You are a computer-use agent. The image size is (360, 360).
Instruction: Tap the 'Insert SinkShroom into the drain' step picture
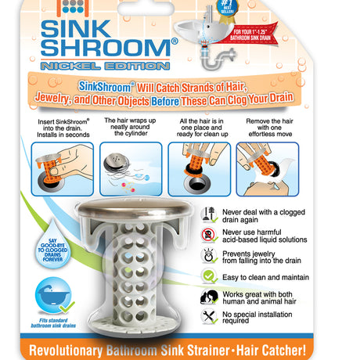coord(63,168)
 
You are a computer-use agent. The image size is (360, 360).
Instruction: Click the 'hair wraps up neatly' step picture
coord(131,168)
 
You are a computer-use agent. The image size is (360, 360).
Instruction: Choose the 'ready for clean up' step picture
coord(199,168)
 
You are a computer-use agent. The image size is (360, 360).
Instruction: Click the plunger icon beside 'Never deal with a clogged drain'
coord(209,214)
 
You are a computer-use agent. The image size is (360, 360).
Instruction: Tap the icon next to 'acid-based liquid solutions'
coord(209,234)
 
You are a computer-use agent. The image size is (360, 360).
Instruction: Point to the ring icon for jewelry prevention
coord(209,254)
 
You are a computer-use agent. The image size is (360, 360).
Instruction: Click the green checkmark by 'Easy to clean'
coord(209,275)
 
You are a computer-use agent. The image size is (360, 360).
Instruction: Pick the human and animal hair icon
coord(209,296)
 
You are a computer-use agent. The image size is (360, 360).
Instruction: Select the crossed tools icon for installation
coord(209,316)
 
